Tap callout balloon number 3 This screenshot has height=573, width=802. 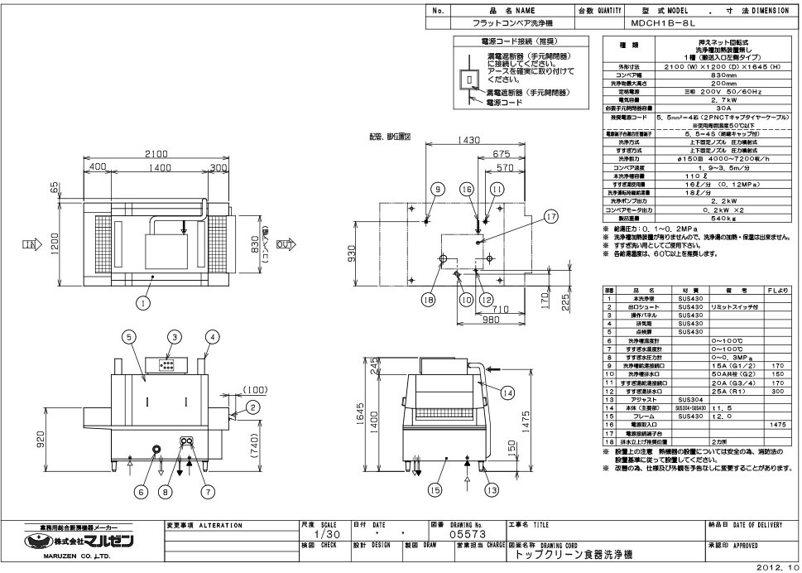click(175, 337)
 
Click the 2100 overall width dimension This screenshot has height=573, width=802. click(157, 154)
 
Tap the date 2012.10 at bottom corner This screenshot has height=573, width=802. click(779, 567)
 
